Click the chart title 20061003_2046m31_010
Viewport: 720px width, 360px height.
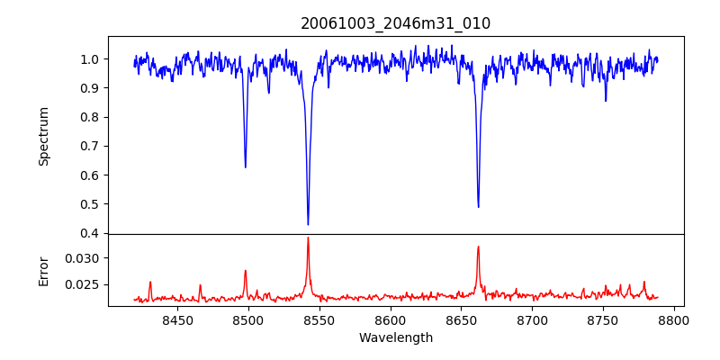[395, 23]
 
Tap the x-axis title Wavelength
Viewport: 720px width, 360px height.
[395, 337]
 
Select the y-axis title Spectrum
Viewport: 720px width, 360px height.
[44, 136]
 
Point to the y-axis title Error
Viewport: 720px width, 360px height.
[44, 270]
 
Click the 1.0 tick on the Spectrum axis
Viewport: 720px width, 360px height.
[90, 59]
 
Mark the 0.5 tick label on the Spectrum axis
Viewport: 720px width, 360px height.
[90, 204]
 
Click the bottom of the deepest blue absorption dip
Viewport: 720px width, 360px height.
[308, 224]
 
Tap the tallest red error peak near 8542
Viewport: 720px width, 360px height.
[308, 238]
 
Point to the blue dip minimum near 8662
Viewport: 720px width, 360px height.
[478, 207]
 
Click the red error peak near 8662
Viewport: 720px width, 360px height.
[478, 247]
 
